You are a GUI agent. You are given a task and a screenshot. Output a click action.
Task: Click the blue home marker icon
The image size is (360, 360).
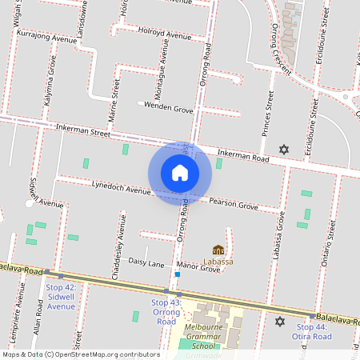180,172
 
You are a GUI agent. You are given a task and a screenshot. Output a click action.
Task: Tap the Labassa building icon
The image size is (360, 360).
218,250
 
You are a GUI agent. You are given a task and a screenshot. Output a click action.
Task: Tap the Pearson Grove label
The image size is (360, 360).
234,205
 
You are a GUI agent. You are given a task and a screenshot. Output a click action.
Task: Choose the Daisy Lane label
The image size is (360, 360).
146,263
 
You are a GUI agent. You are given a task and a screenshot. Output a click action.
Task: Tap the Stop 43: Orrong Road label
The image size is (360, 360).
166,312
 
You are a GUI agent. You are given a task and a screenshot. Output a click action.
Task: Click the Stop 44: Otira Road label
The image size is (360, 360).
314,332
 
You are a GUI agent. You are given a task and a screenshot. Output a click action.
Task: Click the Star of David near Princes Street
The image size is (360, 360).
282,149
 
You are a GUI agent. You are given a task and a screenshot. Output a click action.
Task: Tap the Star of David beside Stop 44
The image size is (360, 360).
279,322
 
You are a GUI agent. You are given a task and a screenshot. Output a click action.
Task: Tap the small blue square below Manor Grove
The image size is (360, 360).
177,274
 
